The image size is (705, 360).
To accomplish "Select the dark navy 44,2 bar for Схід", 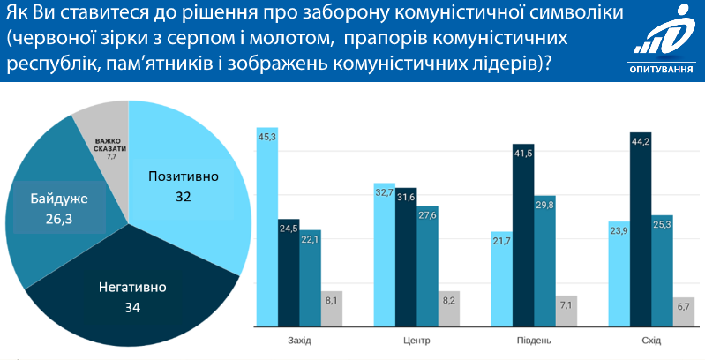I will (641, 229).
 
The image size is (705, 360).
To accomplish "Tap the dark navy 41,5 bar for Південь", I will (523, 235).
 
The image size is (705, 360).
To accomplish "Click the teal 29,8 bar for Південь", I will (545, 260).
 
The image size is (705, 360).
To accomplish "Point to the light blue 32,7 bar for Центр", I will (384, 255).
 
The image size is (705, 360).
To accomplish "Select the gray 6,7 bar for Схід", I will (683, 311).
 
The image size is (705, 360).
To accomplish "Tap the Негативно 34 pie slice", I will (132, 291).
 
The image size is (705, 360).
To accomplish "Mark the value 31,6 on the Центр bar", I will (406, 196).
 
